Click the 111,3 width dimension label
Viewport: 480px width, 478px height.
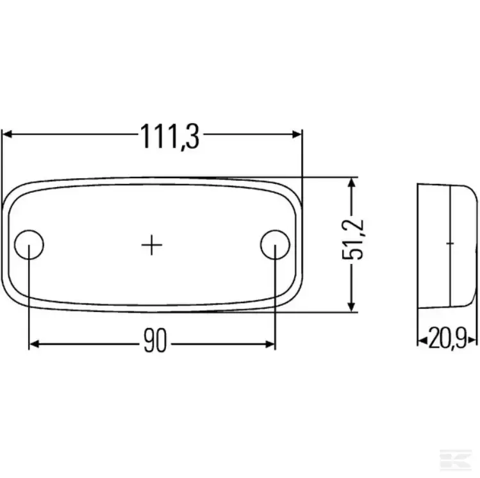click(x=170, y=136)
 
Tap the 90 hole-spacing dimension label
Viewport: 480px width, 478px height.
click(x=155, y=340)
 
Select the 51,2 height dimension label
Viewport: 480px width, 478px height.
click(x=352, y=240)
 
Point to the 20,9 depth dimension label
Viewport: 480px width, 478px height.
click(x=447, y=338)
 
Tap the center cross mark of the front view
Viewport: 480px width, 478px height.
click(x=152, y=245)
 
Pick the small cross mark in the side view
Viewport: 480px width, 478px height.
click(x=450, y=243)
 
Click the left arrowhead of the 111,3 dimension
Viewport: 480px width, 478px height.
click(x=7, y=134)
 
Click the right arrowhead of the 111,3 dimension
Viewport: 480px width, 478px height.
click(x=297, y=134)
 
